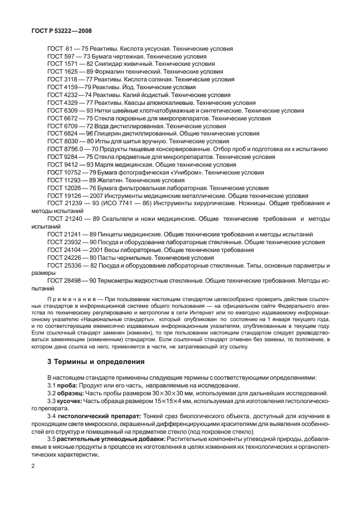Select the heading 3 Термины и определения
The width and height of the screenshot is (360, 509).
pos(96,361)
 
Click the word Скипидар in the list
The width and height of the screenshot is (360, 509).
pos(109,64)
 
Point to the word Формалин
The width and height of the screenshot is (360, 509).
pos(111,72)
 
